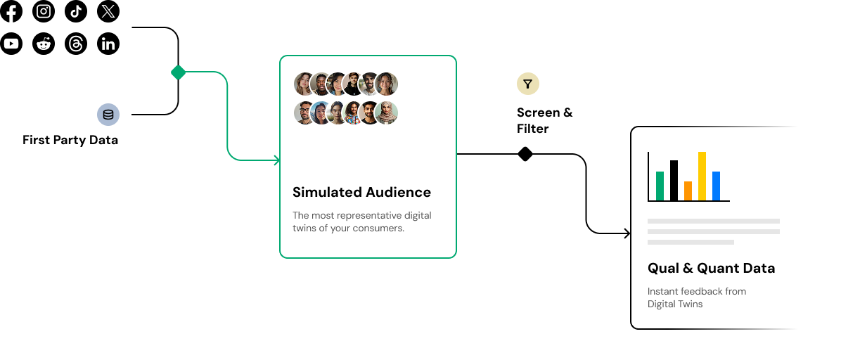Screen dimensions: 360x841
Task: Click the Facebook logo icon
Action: tap(11, 11)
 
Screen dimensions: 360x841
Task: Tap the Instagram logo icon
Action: tap(44, 11)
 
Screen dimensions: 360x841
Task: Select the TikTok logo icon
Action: tap(76, 11)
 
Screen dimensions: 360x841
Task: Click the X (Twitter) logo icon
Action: tap(108, 11)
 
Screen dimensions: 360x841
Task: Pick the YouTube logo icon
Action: tap(11, 44)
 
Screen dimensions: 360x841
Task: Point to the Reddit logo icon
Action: tap(44, 44)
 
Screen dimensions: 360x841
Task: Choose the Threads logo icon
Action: tap(76, 44)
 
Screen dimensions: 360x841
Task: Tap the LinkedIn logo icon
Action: tap(108, 44)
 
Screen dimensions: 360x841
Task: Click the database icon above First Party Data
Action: tap(108, 115)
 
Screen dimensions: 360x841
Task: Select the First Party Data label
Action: tap(70, 140)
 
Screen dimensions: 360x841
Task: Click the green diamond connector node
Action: tap(179, 72)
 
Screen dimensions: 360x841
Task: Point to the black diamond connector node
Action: tap(525, 154)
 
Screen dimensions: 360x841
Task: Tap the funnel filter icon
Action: tap(528, 84)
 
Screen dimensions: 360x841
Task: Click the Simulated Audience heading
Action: tap(361, 192)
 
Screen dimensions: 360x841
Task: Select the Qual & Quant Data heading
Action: tap(711, 268)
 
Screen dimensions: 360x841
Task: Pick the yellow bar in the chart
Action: tap(702, 176)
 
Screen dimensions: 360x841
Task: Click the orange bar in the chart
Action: tap(688, 191)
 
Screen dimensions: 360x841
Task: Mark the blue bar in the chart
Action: tap(716, 186)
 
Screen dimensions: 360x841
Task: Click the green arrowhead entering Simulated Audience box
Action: tap(276, 160)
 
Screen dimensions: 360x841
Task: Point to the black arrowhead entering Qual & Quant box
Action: tap(627, 233)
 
